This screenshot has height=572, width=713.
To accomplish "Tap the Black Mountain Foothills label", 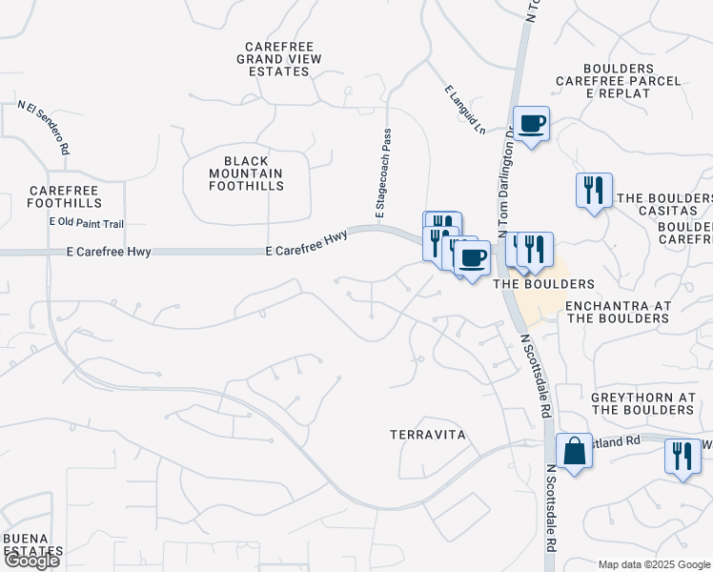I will pyautogui.click(x=247, y=174).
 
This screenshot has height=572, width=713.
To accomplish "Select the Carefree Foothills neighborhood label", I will pyautogui.click(x=64, y=196).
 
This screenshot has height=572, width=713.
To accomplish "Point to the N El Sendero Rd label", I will pyautogui.click(x=44, y=128).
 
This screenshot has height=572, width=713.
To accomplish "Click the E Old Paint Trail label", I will pyautogui.click(x=87, y=223).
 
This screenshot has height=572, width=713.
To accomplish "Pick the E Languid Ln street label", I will pyautogui.click(x=465, y=108).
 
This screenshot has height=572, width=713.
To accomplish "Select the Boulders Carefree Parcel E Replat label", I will pyautogui.click(x=632, y=81).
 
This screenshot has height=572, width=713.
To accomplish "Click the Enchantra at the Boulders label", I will pyautogui.click(x=619, y=312).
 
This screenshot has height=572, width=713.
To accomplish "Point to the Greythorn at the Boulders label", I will pyautogui.click(x=642, y=403).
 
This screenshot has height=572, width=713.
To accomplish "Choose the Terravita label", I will pyautogui.click(x=427, y=435).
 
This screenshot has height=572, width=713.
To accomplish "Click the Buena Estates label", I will pyautogui.click(x=31, y=544).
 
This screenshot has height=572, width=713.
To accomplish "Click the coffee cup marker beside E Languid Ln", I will pyautogui.click(x=532, y=124).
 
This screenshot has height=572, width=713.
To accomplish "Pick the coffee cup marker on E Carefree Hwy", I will pyautogui.click(x=472, y=257).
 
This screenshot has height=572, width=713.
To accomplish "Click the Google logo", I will pyautogui.click(x=31, y=561).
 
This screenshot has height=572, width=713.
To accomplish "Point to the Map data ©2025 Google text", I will pyautogui.click(x=654, y=564).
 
